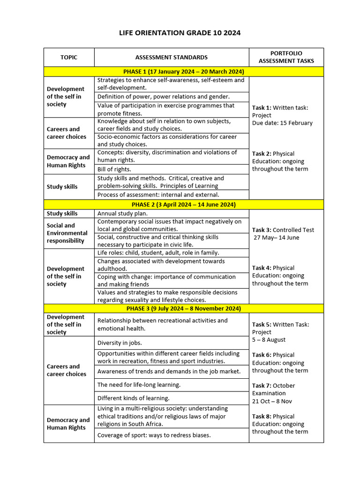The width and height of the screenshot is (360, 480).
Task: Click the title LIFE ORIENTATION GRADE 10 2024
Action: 180,33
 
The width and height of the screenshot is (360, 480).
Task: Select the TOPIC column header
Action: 69,57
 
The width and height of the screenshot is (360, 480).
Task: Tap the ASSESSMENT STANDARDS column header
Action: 171,57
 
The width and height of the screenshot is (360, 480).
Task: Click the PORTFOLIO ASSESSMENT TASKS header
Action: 286,57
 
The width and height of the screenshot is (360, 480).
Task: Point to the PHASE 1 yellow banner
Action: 183,72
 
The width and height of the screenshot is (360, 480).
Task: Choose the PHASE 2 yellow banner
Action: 183,204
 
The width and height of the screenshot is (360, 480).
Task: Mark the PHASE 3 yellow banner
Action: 183,308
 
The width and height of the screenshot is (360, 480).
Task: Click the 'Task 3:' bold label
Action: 262,230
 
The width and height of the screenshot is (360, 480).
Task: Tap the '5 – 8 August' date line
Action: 269,339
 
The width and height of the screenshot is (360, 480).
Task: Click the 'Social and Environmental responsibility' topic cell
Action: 67,233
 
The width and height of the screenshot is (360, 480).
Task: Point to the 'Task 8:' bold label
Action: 262,416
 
